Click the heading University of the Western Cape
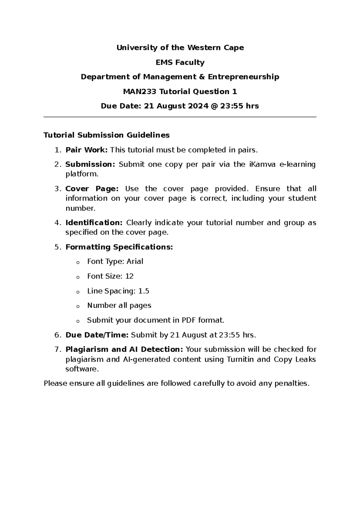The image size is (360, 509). tap(180, 48)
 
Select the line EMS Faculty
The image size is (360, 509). tap(180, 62)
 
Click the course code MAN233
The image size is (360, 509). tap(139, 92)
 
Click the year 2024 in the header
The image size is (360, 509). tap(198, 106)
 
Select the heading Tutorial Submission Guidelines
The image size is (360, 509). tap(106, 135)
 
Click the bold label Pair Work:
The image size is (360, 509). tap(86, 150)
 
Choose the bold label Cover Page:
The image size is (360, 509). tap(92, 189)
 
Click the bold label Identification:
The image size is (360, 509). tap(94, 223)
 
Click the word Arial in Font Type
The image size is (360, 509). tap(135, 261)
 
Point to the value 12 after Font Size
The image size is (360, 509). tap(129, 276)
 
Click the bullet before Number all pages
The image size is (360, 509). tap(78, 306)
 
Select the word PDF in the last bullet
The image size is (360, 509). tap(188, 320)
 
